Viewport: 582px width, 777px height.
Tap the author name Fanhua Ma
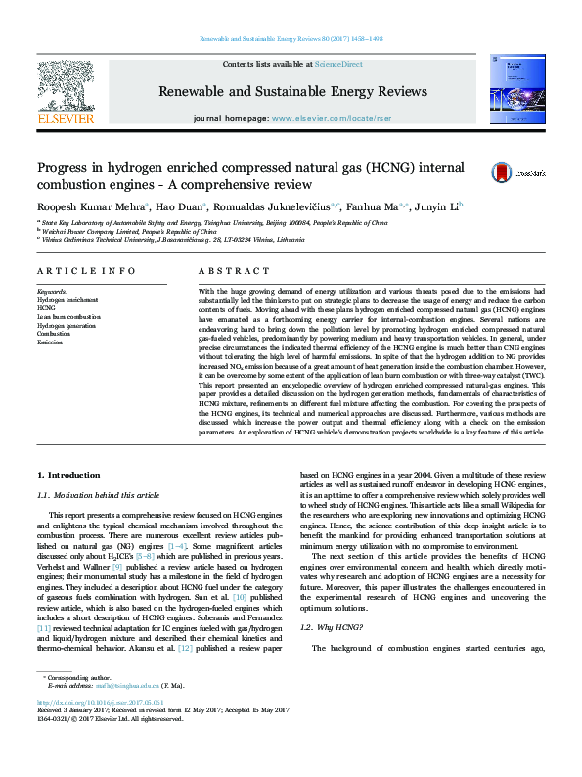373,206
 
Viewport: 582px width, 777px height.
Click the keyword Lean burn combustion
68,317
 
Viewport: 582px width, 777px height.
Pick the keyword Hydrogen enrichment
70,299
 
